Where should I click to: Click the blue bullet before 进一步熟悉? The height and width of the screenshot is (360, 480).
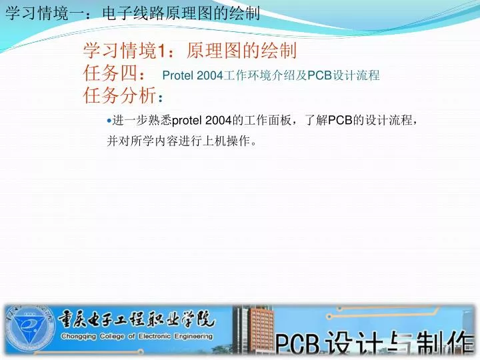tap(109, 120)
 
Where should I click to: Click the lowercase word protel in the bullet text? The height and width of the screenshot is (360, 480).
tap(187, 120)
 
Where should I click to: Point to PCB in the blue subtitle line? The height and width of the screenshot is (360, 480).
tap(319, 76)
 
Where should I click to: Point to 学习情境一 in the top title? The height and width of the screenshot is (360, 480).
tap(38, 13)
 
